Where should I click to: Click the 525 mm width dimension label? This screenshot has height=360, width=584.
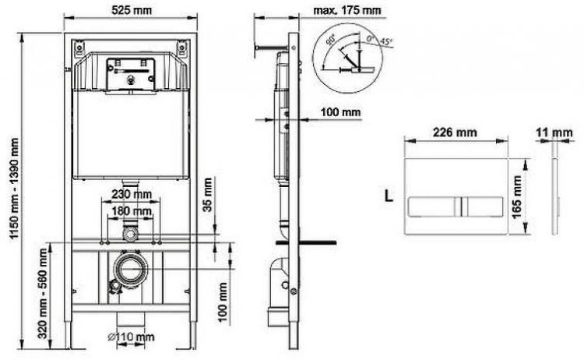pyautogui.click(x=132, y=10)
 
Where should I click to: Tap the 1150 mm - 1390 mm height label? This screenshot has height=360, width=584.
pyautogui.click(x=14, y=189)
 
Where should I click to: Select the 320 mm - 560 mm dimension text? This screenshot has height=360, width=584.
pyautogui.click(x=43, y=294)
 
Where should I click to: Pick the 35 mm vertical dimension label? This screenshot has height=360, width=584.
pyautogui.click(x=207, y=195)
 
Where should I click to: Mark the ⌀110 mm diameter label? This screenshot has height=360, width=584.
pyautogui.click(x=131, y=337)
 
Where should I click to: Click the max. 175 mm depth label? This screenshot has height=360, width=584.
pyautogui.click(x=347, y=10)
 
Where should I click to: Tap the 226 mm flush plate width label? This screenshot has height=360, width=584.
pyautogui.click(x=455, y=132)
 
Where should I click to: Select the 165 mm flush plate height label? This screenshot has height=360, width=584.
pyautogui.click(x=517, y=197)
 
